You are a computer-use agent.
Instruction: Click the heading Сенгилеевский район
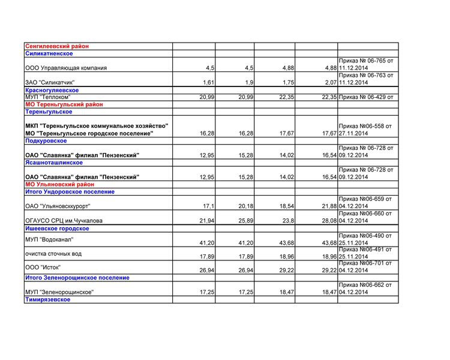pos(57,46)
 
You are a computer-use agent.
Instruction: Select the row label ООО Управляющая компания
pos(66,68)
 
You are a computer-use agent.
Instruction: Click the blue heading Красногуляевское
pos(52,90)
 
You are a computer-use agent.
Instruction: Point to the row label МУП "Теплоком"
pos(48,97)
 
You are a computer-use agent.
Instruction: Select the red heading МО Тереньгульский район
pos(64,104)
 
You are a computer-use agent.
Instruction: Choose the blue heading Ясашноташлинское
pos(54,163)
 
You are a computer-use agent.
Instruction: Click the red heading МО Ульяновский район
pos(60,185)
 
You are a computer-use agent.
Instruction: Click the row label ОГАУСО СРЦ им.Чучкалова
pos(64,221)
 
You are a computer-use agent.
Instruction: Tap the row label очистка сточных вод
pos(53,254)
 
